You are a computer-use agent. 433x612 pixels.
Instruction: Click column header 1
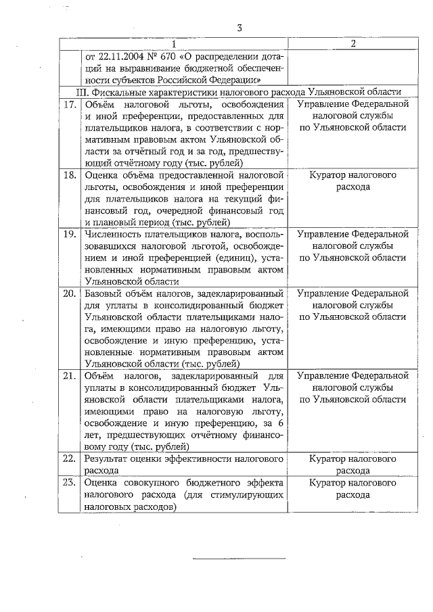point(174,44)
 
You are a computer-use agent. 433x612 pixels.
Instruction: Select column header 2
point(353,44)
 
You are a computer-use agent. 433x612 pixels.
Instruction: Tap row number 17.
point(68,105)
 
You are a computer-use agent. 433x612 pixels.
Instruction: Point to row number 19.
point(68,234)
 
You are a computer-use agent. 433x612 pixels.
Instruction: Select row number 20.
point(68,293)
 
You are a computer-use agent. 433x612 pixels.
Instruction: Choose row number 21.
point(68,375)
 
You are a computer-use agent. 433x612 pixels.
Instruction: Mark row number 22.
point(68,458)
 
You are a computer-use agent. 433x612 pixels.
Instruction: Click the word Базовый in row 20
point(104,293)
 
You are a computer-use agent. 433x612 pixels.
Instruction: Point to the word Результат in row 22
point(108,458)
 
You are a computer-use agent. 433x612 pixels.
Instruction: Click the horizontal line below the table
point(240,559)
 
